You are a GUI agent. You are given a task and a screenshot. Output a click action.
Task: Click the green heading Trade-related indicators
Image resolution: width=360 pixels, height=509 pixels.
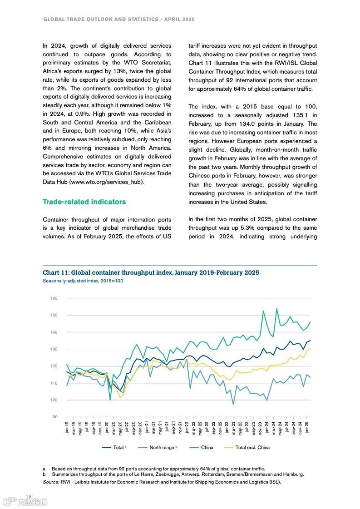(x=84, y=202)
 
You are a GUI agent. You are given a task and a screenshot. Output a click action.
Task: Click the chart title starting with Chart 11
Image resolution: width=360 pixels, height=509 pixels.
(x=151, y=272)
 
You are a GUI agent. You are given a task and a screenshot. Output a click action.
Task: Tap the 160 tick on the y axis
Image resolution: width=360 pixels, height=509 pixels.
(x=54, y=298)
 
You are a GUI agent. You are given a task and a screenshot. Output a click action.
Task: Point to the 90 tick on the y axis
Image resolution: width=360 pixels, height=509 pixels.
(x=54, y=417)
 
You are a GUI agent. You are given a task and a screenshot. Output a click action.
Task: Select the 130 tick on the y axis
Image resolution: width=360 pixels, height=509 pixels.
(x=54, y=349)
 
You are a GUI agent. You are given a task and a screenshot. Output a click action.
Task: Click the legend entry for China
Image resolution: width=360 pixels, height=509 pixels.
(x=207, y=447)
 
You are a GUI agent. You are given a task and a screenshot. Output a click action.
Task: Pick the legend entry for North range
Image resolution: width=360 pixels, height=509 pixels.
(x=163, y=447)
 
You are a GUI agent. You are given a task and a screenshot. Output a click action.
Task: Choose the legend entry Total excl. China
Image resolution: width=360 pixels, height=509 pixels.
(x=252, y=447)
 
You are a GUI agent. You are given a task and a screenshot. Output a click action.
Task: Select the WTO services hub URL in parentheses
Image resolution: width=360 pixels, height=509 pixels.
(x=107, y=182)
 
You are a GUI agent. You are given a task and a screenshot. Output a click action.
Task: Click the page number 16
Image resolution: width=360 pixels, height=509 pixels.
(x=28, y=496)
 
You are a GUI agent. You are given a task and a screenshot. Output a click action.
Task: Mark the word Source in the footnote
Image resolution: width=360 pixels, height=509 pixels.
(x=51, y=482)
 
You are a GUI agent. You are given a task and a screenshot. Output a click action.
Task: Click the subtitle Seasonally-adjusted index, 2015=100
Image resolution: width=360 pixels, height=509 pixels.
(x=83, y=281)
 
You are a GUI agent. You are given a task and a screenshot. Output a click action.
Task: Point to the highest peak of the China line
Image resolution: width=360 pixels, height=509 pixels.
(x=277, y=309)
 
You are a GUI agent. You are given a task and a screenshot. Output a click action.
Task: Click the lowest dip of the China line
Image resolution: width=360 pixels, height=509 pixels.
(x=110, y=400)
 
